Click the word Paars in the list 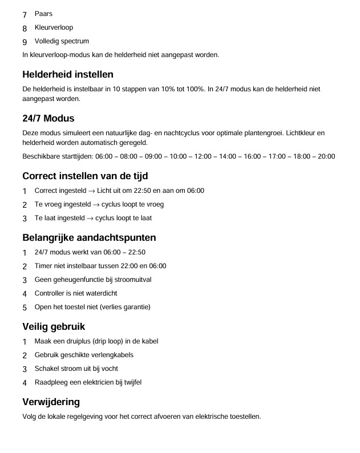(x=43, y=14)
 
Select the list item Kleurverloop (x=54, y=27)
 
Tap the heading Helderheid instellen (x=68, y=74)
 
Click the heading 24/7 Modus (x=48, y=119)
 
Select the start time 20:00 (x=326, y=156)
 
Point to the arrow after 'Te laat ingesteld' (x=90, y=219)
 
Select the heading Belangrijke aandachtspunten (x=89, y=237)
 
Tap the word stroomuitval (x=132, y=280)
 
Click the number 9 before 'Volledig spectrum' (x=25, y=42)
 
